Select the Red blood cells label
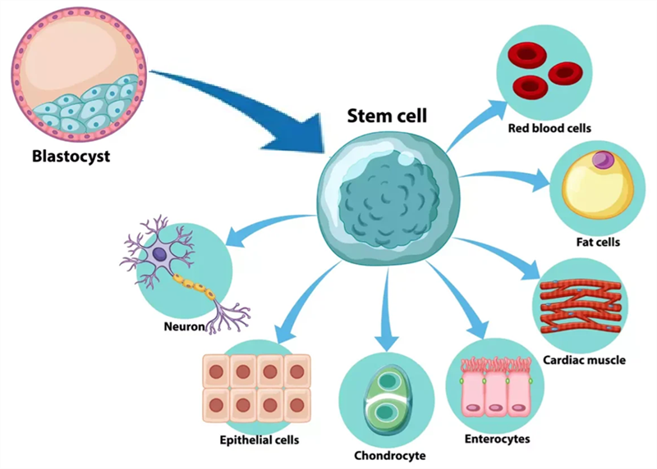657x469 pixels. click(549, 128)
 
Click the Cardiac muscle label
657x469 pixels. click(584, 359)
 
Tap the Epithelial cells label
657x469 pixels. click(259, 440)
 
